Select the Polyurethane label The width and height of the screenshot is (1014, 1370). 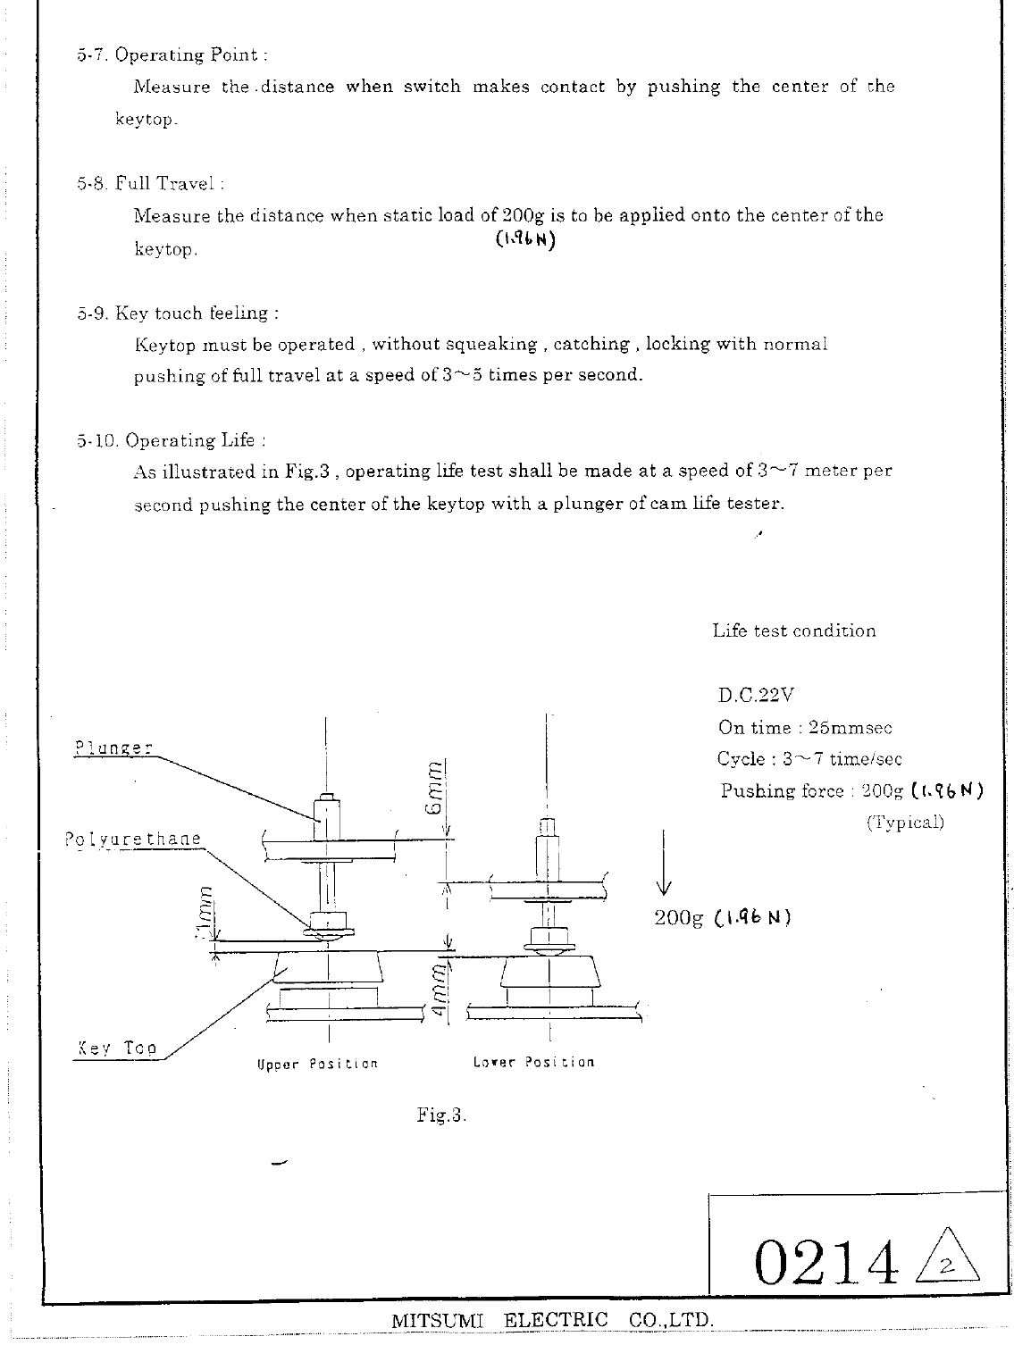(x=133, y=840)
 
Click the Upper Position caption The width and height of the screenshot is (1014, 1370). (x=317, y=1064)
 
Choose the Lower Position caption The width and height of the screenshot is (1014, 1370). (x=533, y=1062)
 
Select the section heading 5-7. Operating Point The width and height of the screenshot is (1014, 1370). (x=172, y=55)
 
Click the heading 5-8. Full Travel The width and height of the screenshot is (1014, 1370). (x=150, y=184)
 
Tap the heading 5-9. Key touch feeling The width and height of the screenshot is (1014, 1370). (x=178, y=313)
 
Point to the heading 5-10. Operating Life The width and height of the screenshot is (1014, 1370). (x=172, y=440)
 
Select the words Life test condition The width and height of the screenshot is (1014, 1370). (x=793, y=631)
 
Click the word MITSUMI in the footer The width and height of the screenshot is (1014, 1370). (x=437, y=1320)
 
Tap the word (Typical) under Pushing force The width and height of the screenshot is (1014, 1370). (x=904, y=823)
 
